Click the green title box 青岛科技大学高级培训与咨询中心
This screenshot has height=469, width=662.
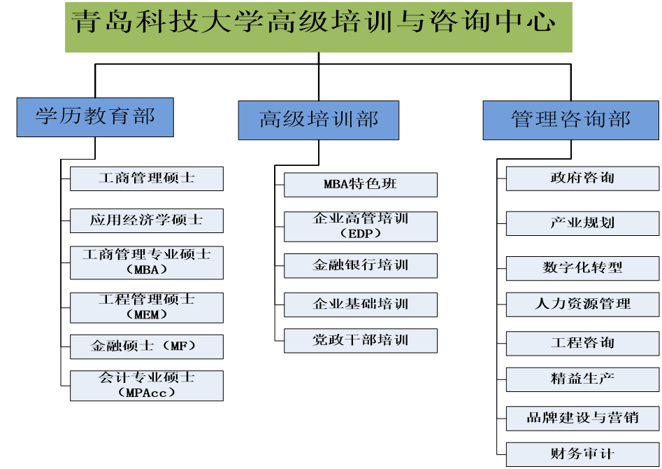(x=318, y=27)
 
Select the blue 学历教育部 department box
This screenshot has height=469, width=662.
(x=95, y=116)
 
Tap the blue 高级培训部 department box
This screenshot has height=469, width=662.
(x=318, y=120)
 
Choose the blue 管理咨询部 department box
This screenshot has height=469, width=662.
(x=570, y=120)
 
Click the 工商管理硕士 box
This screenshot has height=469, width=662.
(x=147, y=178)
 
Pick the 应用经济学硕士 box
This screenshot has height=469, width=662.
(x=147, y=220)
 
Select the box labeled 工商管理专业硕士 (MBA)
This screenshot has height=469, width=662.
(x=147, y=262)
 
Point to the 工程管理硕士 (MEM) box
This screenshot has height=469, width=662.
(x=147, y=307)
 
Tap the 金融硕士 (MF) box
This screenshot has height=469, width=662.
(x=147, y=346)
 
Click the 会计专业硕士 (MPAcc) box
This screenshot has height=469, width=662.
(x=147, y=385)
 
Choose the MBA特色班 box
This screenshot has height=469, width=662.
(x=360, y=185)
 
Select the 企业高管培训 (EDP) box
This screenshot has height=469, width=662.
(x=360, y=226)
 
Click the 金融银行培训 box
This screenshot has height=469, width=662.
(x=360, y=265)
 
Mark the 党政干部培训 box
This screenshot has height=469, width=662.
(x=360, y=340)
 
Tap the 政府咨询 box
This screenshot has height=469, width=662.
(x=582, y=178)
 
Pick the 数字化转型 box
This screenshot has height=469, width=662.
(x=582, y=268)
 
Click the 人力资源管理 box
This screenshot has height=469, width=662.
(x=582, y=304)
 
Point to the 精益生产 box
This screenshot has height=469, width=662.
(x=582, y=379)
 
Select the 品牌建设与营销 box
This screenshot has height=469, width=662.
(x=582, y=419)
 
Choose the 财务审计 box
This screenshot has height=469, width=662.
(x=582, y=454)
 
